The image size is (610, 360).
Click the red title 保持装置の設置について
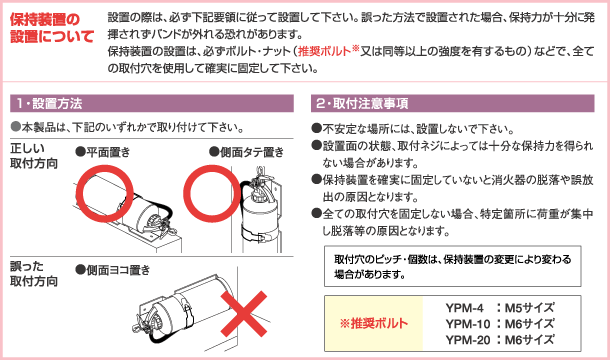(52, 27)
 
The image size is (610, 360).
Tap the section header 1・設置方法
(49, 104)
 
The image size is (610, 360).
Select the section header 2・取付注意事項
(363, 104)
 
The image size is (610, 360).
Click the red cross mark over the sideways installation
(244, 314)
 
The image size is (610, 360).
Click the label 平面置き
(103, 152)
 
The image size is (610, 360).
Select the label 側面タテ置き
(247, 152)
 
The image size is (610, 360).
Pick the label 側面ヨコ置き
(113, 270)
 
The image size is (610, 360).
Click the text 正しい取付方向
(34, 156)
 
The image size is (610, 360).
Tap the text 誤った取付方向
(34, 274)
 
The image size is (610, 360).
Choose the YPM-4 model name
(465, 308)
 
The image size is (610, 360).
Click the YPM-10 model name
(468, 324)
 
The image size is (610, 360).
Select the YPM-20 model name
(468, 340)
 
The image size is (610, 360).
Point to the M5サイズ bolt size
(529, 308)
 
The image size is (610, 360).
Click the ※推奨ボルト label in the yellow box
(373, 323)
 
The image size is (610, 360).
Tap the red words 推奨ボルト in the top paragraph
(324, 51)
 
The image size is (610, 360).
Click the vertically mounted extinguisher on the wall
(259, 209)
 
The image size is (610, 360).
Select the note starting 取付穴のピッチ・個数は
(452, 267)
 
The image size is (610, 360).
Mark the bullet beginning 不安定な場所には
(413, 129)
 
